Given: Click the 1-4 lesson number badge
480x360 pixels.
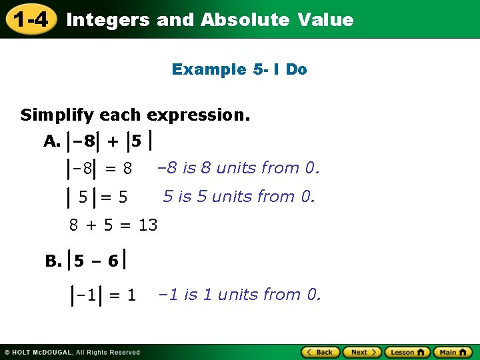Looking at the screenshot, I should pyautogui.click(x=31, y=19).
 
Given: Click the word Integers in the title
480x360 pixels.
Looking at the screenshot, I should pyautogui.click(x=108, y=20).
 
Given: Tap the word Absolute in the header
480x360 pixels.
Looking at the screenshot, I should pyautogui.click(x=245, y=20).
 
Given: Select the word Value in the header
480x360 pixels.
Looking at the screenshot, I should pyautogui.click(x=326, y=20).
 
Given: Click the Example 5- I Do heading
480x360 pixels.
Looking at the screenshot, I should pyautogui.click(x=239, y=69).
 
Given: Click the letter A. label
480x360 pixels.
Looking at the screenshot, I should pyautogui.click(x=52, y=141).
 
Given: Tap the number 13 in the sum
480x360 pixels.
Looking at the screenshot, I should pyautogui.click(x=148, y=225).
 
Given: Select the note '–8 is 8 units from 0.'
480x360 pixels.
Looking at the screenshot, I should pyautogui.click(x=238, y=168).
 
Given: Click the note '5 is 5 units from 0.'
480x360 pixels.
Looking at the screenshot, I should pyautogui.click(x=239, y=197).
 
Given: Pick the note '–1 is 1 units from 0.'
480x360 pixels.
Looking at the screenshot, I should pyautogui.click(x=239, y=294).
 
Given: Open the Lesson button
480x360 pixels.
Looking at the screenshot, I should pyautogui.click(x=407, y=352).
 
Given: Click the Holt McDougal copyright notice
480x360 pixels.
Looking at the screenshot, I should pyautogui.click(x=72, y=352).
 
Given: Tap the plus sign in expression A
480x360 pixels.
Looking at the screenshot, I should pyautogui.click(x=113, y=141).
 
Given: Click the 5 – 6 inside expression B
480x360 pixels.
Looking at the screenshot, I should pyautogui.click(x=96, y=261).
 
